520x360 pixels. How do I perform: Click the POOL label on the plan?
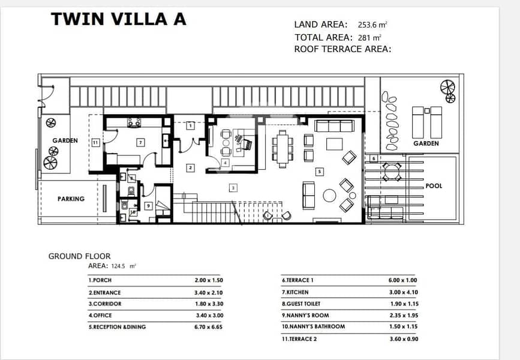pyautogui.click(x=434, y=186)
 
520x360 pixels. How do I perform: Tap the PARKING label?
pyautogui.click(x=71, y=199)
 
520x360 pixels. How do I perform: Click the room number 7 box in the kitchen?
pyautogui.click(x=140, y=143)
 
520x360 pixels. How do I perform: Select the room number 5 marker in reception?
pyautogui.click(x=319, y=172)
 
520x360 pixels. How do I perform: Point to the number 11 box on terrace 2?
pyautogui.click(x=95, y=143)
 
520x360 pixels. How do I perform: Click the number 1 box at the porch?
pyautogui.click(x=190, y=126)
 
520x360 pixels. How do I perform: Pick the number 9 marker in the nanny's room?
pyautogui.click(x=148, y=206)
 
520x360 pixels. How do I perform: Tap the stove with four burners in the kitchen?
pyautogui.click(x=134, y=122)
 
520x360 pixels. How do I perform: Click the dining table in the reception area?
pyautogui.click(x=282, y=149)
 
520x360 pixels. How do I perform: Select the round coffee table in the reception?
pyautogui.click(x=330, y=196)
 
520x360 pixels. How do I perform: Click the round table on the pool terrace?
pyautogui.click(x=391, y=172)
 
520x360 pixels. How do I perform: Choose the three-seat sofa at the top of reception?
pyautogui.click(x=334, y=126)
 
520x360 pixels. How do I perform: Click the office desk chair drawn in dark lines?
pyautogui.click(x=247, y=145)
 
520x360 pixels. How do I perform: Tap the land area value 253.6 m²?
pyautogui.click(x=372, y=25)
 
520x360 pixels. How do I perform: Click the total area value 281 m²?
pyautogui.click(x=369, y=37)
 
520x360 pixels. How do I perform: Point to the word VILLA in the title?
pyautogui.click(x=139, y=19)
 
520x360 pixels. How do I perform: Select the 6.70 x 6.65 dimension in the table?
pyautogui.click(x=209, y=327)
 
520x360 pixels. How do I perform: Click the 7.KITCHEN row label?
pyautogui.click(x=295, y=292)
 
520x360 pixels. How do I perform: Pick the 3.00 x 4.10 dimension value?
pyautogui.click(x=404, y=292)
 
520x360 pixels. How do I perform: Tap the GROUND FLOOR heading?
pyautogui.click(x=80, y=256)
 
